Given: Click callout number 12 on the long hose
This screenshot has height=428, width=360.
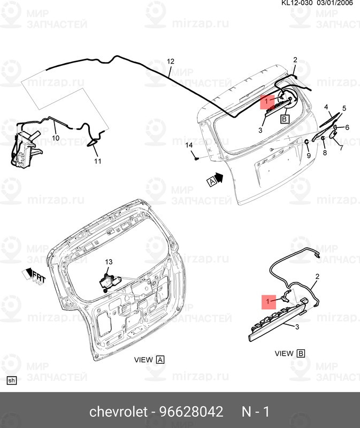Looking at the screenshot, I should coord(171,62).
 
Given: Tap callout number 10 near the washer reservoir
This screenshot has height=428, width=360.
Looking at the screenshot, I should coord(56,138).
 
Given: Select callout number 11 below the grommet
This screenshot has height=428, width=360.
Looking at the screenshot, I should coord(97,160).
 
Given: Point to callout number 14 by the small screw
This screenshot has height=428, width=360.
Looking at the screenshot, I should coord(189,146).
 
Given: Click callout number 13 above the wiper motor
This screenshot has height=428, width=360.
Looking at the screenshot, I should coord(109,262).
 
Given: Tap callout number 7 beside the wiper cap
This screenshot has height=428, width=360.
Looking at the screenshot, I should coord(341,148).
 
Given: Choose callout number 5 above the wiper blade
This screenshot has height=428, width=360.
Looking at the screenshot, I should coord(344,109).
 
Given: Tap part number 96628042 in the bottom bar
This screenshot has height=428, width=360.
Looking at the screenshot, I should coord(190,412).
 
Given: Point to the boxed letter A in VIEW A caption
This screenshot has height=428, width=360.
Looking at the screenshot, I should coord(160,360).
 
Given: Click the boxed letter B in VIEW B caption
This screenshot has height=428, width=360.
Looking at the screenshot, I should coord(301,354).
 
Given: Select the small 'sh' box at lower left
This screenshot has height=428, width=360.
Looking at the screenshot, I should coord(12,381).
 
